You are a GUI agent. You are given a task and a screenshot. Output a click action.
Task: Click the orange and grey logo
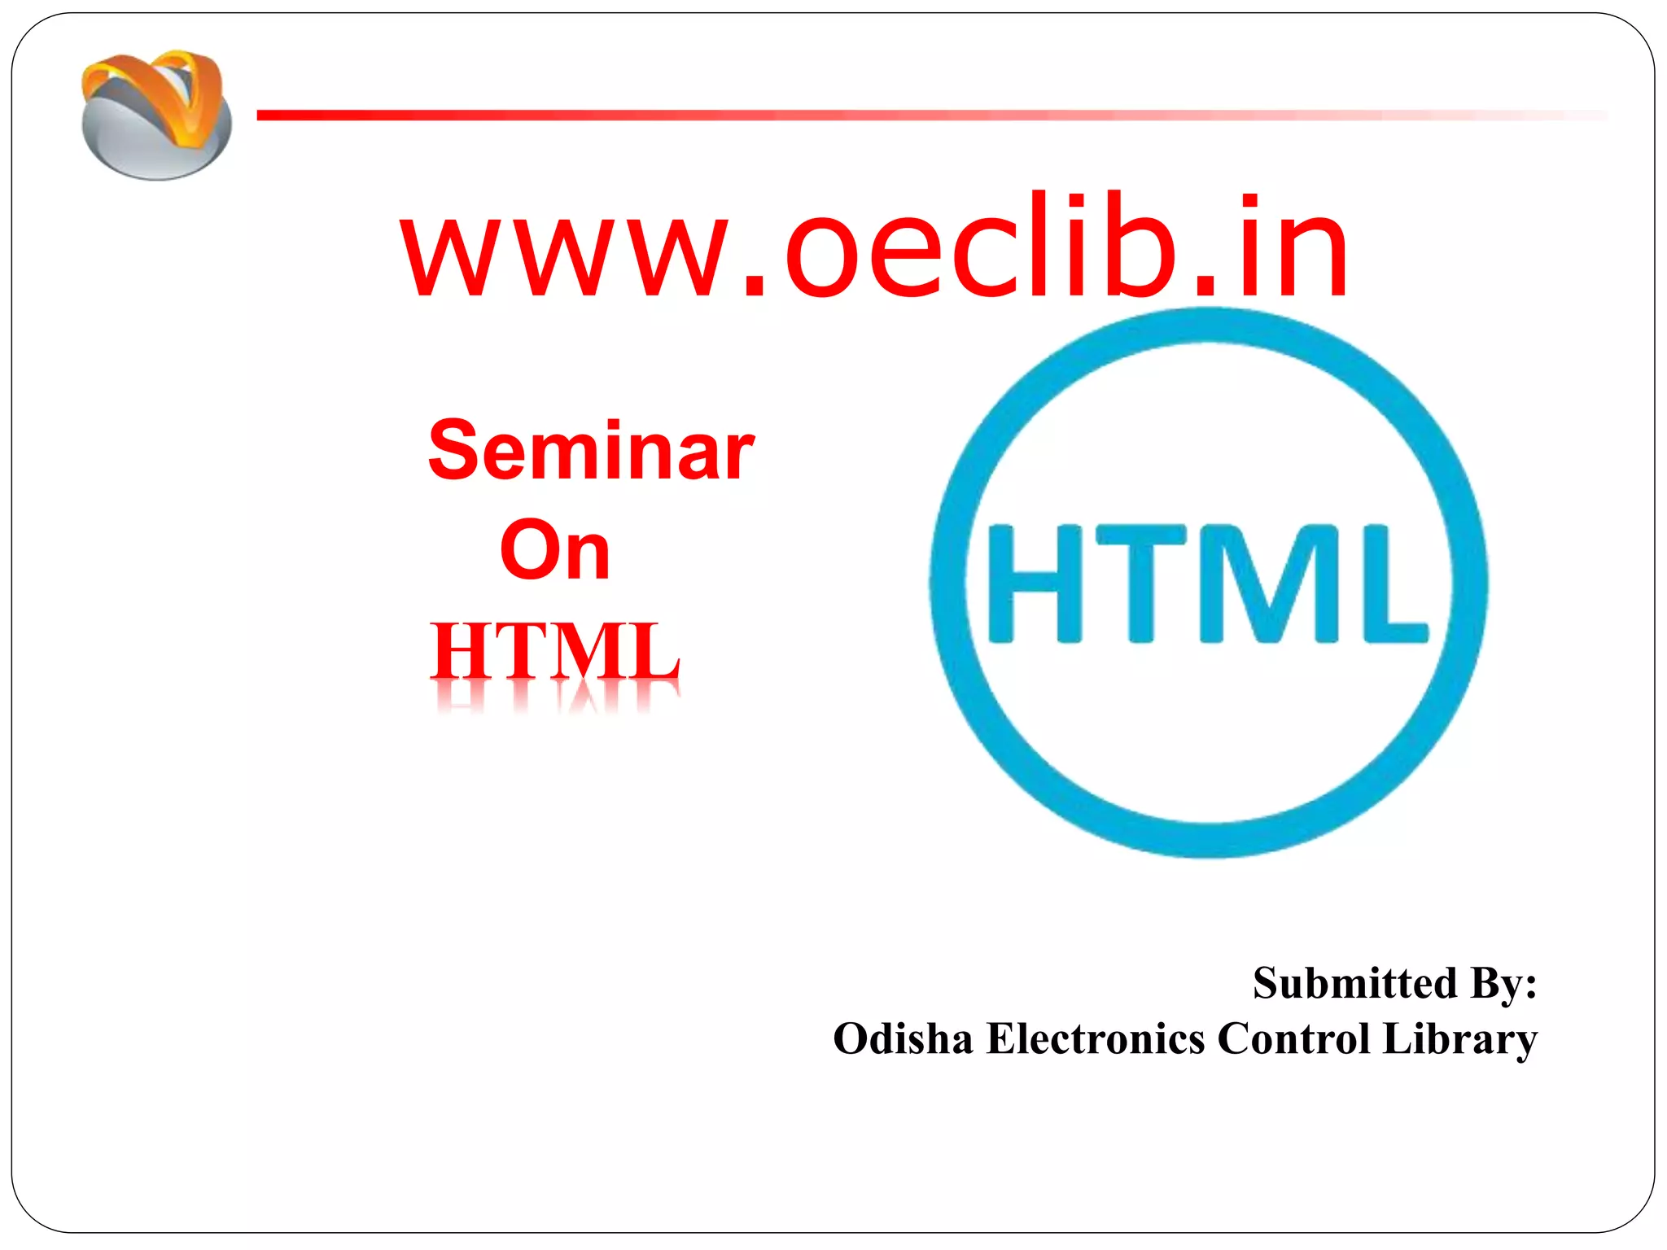155,114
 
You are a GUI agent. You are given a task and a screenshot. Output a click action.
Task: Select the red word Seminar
591,451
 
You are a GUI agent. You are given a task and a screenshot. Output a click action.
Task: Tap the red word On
554,551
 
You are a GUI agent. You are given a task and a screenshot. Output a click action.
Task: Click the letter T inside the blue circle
1141,583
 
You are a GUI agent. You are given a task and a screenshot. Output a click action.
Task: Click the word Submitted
1354,983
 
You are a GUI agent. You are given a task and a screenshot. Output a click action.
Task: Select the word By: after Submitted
1503,983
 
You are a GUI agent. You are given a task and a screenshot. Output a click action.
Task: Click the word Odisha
903,1039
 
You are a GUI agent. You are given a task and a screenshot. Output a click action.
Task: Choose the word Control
1293,1039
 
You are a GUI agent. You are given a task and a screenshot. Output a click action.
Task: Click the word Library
1459,1039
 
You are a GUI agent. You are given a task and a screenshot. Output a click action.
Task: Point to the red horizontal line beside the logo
814,116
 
